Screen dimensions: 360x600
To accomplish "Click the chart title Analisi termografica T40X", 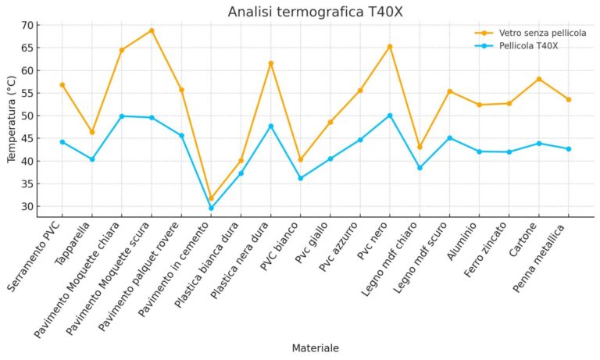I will click(315, 12).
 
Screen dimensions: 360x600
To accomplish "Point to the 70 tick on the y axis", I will click(27, 25).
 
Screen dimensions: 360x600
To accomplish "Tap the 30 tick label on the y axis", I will click(27, 207).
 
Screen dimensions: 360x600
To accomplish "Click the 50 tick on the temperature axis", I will click(27, 116).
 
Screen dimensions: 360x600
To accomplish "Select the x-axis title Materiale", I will click(315, 348).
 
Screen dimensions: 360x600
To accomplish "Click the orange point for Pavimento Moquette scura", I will click(152, 30).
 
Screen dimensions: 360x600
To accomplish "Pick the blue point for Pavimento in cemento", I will click(211, 209).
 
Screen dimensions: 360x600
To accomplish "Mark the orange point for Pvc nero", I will click(390, 47).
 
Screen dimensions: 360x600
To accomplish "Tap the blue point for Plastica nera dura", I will click(271, 127).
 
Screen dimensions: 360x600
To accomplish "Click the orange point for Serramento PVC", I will click(62, 84).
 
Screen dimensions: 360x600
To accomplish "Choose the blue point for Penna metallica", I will click(569, 149).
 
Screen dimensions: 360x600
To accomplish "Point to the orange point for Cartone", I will click(539, 79).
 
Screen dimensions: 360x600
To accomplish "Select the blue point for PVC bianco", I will click(301, 178).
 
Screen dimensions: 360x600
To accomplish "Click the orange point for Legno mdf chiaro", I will click(420, 147).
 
